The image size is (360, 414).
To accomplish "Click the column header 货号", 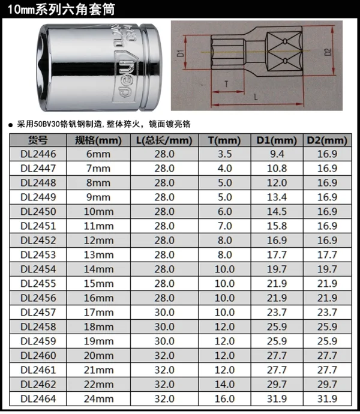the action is pyautogui.click(x=38, y=140).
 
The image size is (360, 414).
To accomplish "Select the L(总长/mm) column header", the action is pyautogui.click(x=164, y=140).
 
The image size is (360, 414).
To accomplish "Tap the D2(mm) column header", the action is pyautogui.click(x=327, y=140).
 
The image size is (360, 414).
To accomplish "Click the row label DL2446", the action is pyautogui.click(x=38, y=154).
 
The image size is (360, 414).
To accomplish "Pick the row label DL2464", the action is pyautogui.click(x=38, y=398).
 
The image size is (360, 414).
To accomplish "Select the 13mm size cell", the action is pyautogui.click(x=98, y=255).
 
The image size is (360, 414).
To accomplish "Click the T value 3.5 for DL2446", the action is pyautogui.click(x=225, y=154).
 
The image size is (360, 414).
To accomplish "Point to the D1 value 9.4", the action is pyautogui.click(x=277, y=154).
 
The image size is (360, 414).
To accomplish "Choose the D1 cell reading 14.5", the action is pyautogui.click(x=277, y=211).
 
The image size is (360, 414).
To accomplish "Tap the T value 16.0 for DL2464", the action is pyautogui.click(x=224, y=398).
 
